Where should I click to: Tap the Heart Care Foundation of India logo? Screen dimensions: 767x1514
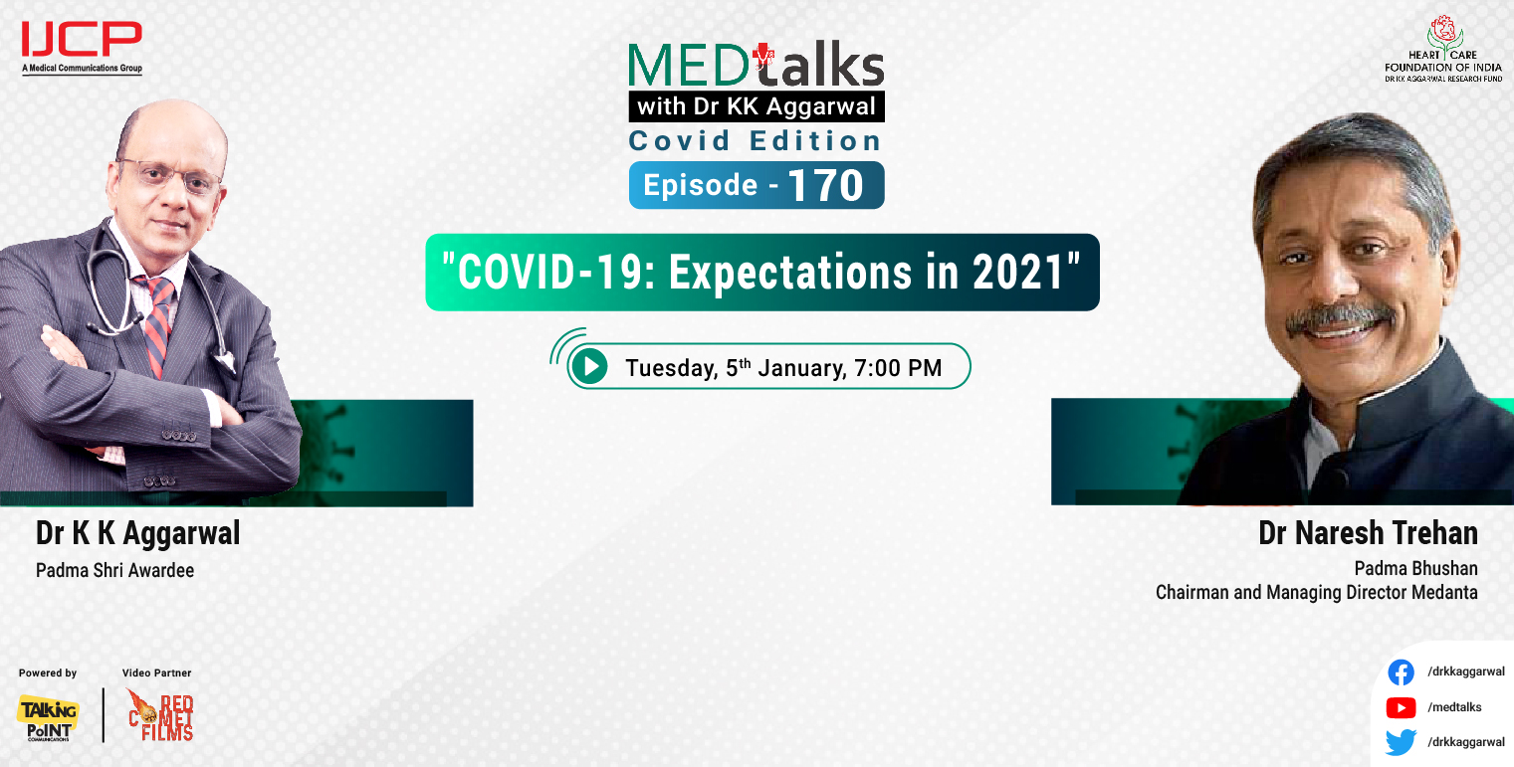pos(1442,49)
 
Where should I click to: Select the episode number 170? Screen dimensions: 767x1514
pos(825,185)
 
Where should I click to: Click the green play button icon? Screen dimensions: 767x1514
pos(591,367)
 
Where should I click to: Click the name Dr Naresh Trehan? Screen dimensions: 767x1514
pos(1368,533)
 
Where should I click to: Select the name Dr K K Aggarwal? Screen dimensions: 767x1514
pos(137,533)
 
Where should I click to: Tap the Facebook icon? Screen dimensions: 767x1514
pos(1401,672)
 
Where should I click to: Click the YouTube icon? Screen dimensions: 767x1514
pos(1401,707)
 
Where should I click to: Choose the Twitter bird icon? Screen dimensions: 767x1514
pos(1401,742)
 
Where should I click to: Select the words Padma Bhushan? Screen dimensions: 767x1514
pos(1415,568)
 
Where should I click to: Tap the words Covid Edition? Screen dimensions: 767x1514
pos(756,140)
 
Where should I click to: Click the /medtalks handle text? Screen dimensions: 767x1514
pos(1454,707)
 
